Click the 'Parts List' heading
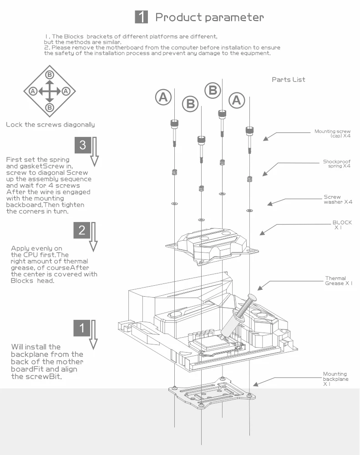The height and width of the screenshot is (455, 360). pos(288,80)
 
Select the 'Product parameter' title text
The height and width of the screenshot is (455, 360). pos(209,18)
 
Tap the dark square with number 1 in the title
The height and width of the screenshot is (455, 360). pos(142,17)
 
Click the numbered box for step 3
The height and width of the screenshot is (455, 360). pos(82,145)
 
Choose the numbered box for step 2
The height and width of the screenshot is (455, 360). pos(82,230)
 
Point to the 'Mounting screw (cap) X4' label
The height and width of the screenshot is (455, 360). pos(332,134)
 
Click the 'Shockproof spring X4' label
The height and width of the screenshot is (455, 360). pos(337,164)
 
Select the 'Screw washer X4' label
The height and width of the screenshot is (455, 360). pos(338,199)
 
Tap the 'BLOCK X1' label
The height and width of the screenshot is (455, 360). pos(341,225)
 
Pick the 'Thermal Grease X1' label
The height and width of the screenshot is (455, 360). pos(339,281)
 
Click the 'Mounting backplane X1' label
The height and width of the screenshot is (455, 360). pos(335,379)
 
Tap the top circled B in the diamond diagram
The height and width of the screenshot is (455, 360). pos(50,75)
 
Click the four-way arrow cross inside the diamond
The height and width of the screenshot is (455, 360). pos(50,91)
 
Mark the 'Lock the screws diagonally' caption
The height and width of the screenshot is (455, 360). pos(51,124)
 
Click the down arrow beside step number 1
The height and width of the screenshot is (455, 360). pos(93,334)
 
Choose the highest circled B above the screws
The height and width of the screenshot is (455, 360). pos(213,90)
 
